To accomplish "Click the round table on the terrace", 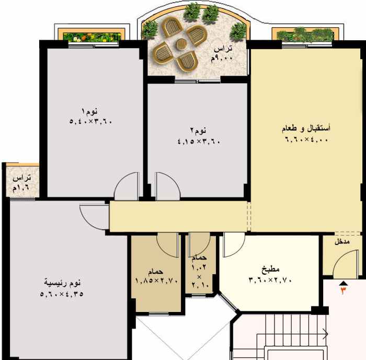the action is coord(180,44).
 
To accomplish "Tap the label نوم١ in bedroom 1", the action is coord(89,111).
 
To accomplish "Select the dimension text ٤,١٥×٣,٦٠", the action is coord(199,141).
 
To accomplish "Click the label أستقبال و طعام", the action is coord(306,129).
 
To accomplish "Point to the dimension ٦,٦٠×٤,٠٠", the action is coord(306,140).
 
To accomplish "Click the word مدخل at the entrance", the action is coord(342,242).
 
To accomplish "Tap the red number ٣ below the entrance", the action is coord(344,290).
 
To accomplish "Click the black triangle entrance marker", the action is coord(344,284).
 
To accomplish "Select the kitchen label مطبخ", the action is coord(270,269).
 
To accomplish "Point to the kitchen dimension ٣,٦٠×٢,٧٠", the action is coord(270,280).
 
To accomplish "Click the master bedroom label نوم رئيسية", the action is coord(62,283).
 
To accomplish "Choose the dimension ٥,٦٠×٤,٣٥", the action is coord(62,294).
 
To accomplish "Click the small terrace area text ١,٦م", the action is coord(21,188).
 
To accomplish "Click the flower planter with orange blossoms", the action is coord(92,37).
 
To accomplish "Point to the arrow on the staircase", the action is coord(292,334).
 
